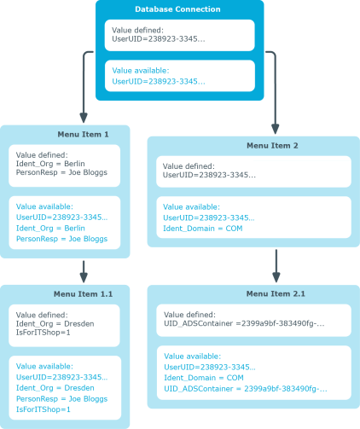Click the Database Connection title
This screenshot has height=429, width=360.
tap(177, 9)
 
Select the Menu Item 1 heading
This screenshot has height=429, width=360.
tap(83, 134)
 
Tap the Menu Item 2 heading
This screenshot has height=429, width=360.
tap(272, 146)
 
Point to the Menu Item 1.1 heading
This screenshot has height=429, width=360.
tap(83, 294)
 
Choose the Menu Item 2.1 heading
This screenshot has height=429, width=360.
tap(276, 293)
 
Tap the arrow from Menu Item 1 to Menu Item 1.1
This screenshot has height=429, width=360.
tap(84, 271)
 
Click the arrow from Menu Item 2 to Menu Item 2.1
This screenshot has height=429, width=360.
tap(276, 266)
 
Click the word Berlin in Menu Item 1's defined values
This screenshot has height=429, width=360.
tap(74, 164)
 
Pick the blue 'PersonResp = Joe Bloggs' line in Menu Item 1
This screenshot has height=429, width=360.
tap(61, 239)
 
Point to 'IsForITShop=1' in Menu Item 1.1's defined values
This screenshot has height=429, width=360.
tap(43, 333)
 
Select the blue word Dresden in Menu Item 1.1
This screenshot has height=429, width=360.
tap(79, 388)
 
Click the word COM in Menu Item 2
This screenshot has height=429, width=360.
tap(234, 229)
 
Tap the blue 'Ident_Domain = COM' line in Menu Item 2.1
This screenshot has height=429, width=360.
tap(204, 378)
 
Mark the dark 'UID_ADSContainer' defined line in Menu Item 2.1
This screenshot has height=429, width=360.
tap(244, 323)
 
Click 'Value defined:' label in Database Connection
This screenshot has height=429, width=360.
tap(137, 30)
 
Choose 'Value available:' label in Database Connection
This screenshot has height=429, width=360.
tap(141, 71)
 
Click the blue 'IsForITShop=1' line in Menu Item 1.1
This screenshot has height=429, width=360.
tap(43, 409)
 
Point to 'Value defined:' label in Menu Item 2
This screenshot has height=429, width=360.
tap(189, 166)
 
